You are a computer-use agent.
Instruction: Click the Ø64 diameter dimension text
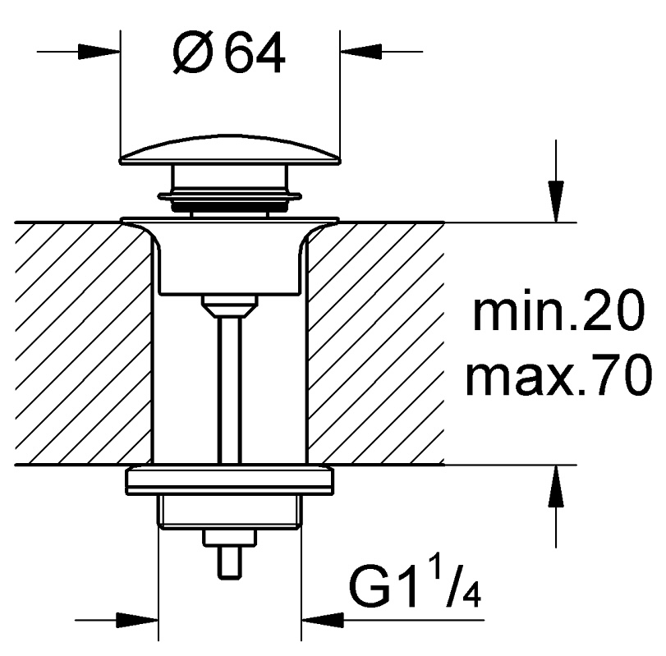pos(228,53)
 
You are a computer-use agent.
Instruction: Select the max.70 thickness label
pos(558,375)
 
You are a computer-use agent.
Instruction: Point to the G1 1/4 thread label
pos(415,586)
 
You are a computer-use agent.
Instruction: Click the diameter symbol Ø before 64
pos(192,53)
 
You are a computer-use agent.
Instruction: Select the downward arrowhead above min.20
pos(556,201)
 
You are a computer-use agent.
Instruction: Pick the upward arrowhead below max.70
pos(556,486)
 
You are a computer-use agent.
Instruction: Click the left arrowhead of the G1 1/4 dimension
pos(137,621)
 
